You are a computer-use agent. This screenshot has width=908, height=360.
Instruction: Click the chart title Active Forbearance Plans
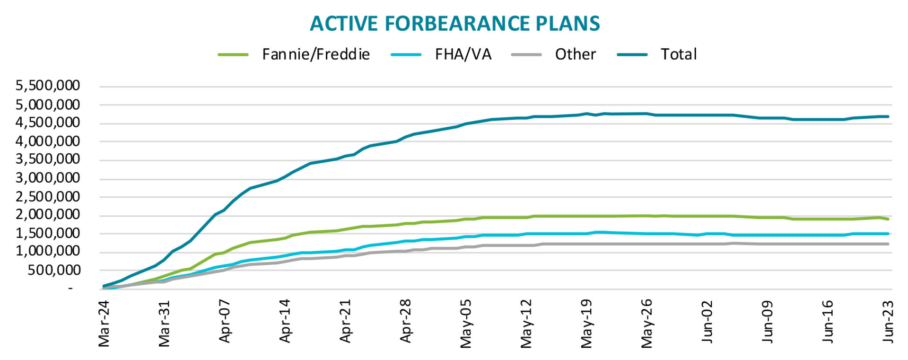pos(454,24)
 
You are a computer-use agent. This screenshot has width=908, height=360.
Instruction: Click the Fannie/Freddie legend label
pos(316,54)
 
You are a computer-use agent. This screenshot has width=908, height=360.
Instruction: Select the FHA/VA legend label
pos(463,54)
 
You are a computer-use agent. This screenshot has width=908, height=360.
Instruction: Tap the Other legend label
pos(575,54)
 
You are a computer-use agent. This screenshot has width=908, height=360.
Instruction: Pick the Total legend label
pos(679,54)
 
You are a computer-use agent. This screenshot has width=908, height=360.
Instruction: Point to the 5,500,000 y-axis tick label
pos(48,86)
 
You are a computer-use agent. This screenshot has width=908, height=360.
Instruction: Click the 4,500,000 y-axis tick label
pos(48,123)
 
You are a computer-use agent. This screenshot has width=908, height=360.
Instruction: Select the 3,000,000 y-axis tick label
pos(48,178)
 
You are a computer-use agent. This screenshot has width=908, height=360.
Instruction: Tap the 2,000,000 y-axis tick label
pos(48,215)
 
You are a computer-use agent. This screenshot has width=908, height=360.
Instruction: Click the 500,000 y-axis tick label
pos(53,271)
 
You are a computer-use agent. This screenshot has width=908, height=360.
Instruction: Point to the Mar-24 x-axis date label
pos(104,323)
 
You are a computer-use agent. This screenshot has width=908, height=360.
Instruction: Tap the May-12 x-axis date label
pos(526,323)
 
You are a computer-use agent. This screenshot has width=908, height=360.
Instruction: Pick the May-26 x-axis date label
pos(647,323)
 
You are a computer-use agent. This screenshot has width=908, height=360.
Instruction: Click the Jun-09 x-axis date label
pos(768,322)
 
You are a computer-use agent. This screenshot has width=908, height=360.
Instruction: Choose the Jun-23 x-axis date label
pos(888,322)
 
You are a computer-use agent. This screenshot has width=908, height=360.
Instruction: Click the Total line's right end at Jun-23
pos(888,116)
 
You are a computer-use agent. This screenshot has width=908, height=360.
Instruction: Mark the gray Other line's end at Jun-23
pos(888,244)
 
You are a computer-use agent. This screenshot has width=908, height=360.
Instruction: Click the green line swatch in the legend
pos(233,55)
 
